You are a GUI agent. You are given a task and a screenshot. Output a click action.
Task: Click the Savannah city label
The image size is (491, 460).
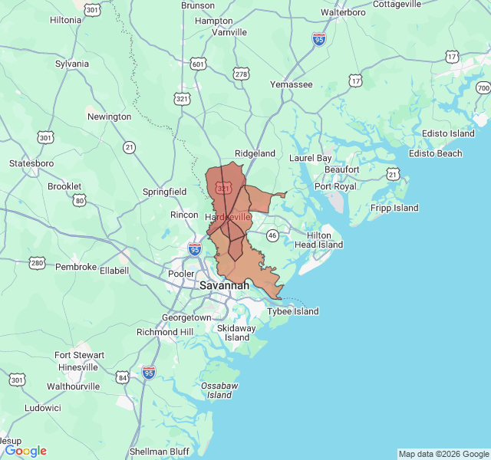click(224, 285)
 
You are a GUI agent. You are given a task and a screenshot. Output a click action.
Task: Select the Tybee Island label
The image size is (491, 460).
click(292, 311)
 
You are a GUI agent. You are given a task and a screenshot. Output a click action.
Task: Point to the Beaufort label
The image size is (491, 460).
click(341, 169)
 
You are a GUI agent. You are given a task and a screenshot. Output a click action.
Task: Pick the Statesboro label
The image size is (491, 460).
click(31, 163)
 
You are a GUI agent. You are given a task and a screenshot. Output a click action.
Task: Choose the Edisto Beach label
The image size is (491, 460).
click(436, 153)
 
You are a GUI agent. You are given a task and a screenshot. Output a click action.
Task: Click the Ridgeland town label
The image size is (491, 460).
click(255, 153)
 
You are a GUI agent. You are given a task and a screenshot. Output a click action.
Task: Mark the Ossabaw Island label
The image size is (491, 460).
click(219, 389)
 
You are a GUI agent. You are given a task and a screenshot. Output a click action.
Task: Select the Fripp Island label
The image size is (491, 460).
click(394, 208)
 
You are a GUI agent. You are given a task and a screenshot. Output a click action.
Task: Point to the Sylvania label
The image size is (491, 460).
click(72, 64)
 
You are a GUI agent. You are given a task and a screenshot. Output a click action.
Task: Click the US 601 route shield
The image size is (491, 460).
click(199, 64)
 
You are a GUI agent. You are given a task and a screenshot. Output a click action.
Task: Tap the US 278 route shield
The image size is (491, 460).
click(242, 74)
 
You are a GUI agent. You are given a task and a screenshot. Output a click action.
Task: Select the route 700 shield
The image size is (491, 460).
click(482, 88)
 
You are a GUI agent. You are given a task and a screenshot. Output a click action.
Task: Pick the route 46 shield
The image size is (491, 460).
click(272, 235)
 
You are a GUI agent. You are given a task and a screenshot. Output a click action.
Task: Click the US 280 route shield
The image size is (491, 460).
click(37, 263)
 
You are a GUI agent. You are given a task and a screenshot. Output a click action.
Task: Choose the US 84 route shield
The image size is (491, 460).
click(123, 377)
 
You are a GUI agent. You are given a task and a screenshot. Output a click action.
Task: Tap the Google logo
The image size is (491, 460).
click(25, 451)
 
